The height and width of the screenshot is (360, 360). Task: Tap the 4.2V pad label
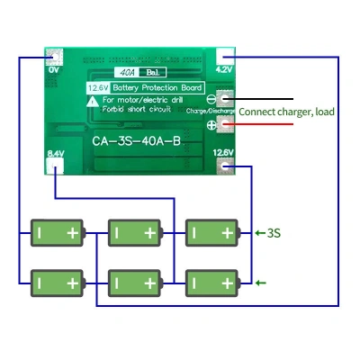click(x=224, y=67)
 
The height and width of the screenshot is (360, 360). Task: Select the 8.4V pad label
click(x=55, y=155)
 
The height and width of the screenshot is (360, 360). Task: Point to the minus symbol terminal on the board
click(x=212, y=100)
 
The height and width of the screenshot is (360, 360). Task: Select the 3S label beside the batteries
click(x=273, y=233)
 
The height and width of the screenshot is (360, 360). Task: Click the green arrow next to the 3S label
click(x=259, y=233)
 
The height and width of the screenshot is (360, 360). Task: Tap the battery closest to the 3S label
click(x=211, y=233)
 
